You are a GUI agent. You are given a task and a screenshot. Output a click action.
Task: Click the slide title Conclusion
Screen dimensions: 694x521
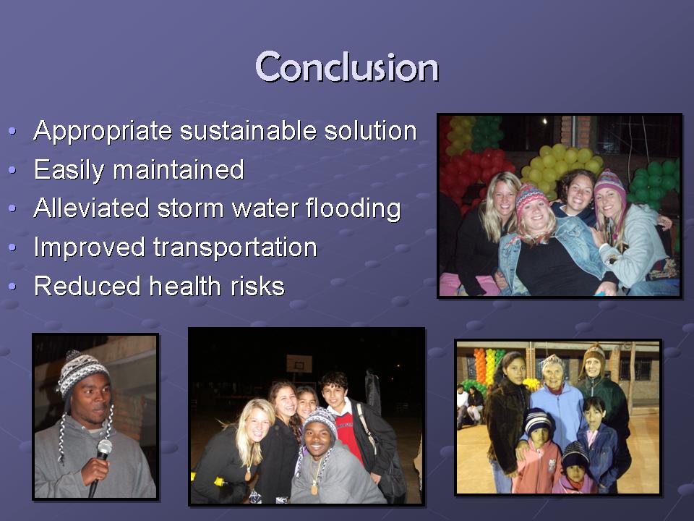(347, 67)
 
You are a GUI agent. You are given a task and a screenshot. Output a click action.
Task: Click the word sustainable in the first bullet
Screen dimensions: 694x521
(248, 131)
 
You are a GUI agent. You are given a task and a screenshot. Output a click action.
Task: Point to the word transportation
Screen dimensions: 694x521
(235, 247)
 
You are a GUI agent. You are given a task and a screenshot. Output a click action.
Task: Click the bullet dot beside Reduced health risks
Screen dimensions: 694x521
(12, 287)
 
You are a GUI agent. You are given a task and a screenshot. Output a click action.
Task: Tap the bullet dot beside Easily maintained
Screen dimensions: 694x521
(12, 170)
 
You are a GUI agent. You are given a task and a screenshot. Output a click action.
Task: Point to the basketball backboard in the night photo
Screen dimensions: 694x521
(299, 364)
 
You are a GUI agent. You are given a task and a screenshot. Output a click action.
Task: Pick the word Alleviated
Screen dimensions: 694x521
(91, 208)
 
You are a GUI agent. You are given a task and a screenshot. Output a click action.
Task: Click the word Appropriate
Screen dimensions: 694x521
(103, 132)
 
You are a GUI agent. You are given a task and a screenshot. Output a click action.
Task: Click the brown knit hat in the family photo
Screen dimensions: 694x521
(594, 355)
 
